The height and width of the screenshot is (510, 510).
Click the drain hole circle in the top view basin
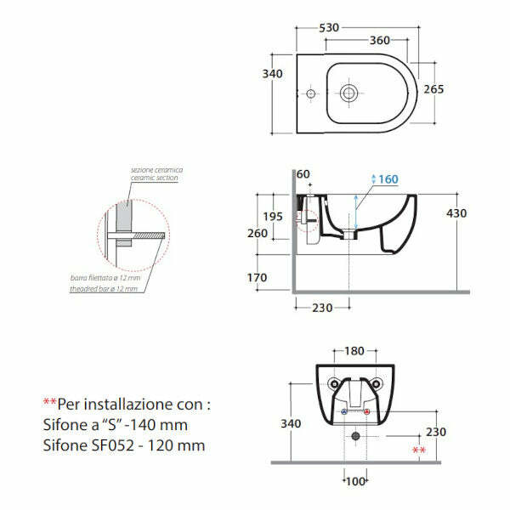click(x=348, y=92)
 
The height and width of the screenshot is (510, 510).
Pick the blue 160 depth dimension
click(x=388, y=179)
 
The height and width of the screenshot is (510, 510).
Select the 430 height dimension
click(x=456, y=213)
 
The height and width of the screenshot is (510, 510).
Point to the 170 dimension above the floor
click(x=258, y=277)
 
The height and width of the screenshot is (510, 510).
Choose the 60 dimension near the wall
click(x=304, y=174)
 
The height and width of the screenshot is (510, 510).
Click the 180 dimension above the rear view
click(x=355, y=351)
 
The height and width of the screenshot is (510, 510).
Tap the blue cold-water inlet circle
click(x=344, y=413)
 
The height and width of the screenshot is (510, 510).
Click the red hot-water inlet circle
click(x=367, y=413)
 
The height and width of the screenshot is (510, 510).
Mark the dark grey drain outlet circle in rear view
click(x=355, y=436)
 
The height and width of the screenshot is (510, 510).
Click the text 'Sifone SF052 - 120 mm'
click(x=123, y=445)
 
